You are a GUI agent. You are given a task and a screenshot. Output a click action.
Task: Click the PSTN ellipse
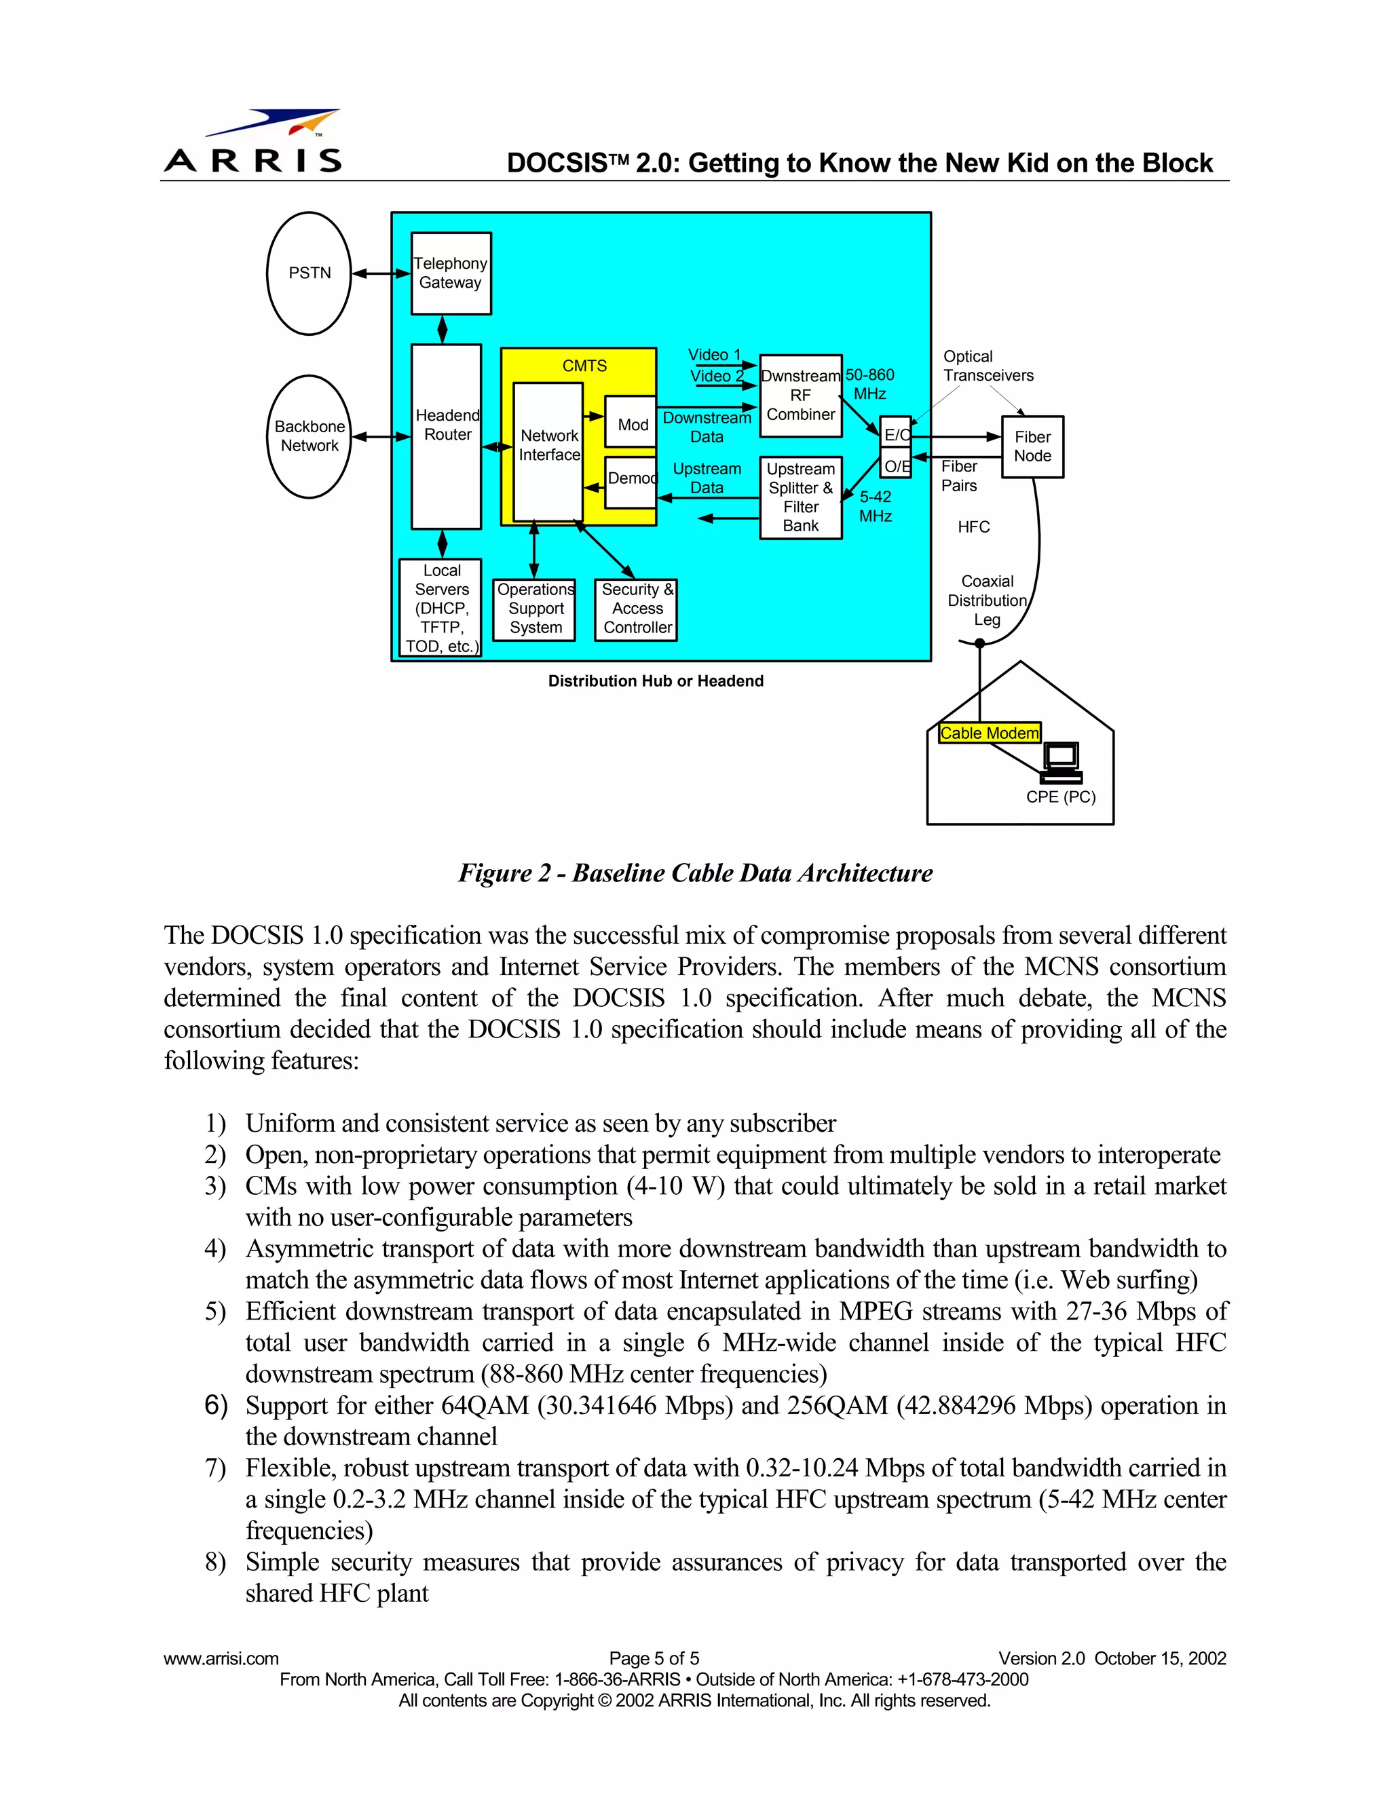pyautogui.click(x=309, y=273)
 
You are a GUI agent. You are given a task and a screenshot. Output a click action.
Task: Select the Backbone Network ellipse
pyautogui.click(x=309, y=436)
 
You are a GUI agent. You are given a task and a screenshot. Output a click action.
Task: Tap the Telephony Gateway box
pyautogui.click(x=451, y=273)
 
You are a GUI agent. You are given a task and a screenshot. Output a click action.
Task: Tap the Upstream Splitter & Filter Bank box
pyautogui.click(x=800, y=497)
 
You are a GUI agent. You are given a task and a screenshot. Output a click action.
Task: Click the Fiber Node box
pyautogui.click(x=1032, y=447)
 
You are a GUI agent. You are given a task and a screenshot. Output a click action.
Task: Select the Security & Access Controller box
pyautogui.click(x=637, y=609)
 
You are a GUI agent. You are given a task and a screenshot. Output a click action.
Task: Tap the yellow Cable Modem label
pyautogui.click(x=989, y=733)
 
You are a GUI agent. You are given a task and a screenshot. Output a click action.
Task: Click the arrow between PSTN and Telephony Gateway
pyautogui.click(x=381, y=273)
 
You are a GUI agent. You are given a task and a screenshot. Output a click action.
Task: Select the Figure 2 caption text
pyautogui.click(x=695, y=873)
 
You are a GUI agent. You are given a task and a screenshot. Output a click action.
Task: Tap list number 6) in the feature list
pyautogui.click(x=216, y=1404)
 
